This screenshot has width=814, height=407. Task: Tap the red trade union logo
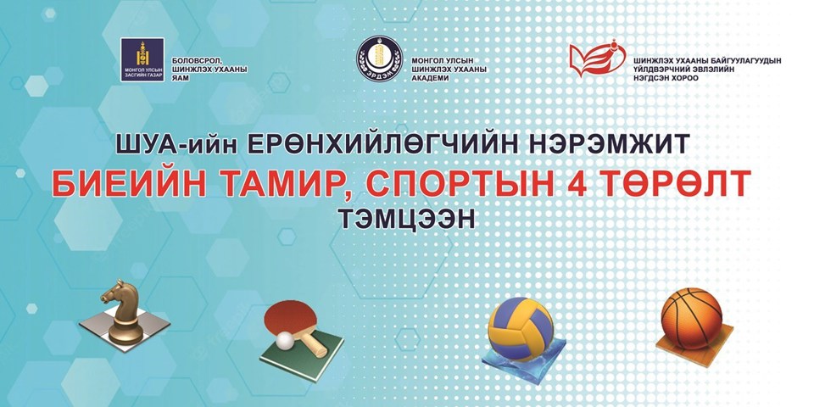pos(601,61)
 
